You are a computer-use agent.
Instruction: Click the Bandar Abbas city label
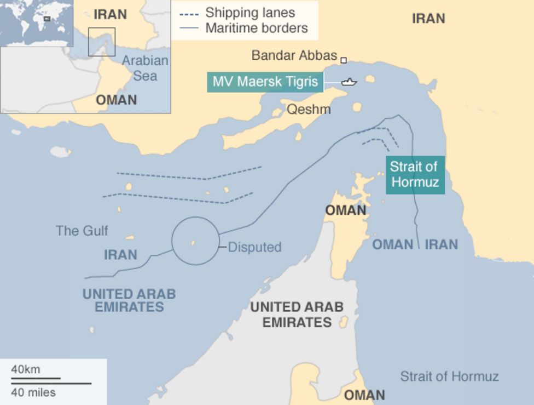coord(294,55)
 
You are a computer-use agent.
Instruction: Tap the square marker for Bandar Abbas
coord(344,60)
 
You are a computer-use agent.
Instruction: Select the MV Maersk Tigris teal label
coord(265,82)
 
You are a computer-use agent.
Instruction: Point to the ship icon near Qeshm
coord(349,82)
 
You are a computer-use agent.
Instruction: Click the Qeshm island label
coord(309,109)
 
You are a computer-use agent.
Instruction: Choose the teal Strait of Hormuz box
coord(415,175)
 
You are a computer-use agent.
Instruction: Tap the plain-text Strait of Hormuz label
coord(449,377)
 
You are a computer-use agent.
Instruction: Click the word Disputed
coord(254,247)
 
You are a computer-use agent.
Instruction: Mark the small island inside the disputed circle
coord(193,243)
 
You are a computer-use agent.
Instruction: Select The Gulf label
coord(82,231)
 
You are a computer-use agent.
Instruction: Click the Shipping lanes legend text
coord(250,13)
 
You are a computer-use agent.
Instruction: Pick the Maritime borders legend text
coord(257,28)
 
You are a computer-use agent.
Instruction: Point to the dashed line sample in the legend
coord(188,13)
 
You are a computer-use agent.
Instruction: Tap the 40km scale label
coord(26,369)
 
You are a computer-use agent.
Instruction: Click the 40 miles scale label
coord(33,392)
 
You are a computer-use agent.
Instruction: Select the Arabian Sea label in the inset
coord(145,68)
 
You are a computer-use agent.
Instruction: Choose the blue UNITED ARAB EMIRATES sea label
coord(129,300)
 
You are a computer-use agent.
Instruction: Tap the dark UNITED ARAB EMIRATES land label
coord(297,314)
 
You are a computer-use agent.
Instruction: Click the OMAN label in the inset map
coord(116,100)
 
